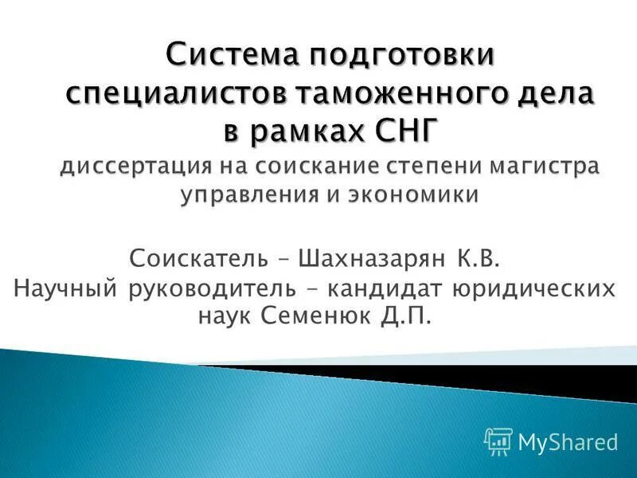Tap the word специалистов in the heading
pos(174,96)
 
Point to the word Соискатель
pos(192,259)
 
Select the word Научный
pos(66,288)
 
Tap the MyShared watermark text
pos(568,441)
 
